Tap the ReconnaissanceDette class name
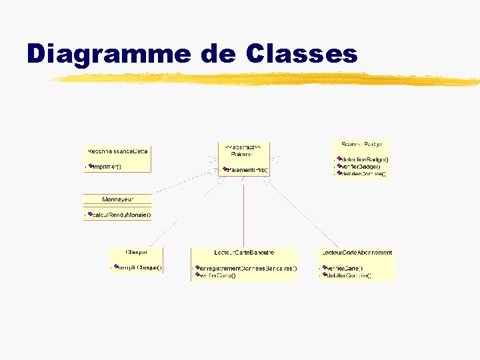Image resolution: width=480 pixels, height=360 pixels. (118, 152)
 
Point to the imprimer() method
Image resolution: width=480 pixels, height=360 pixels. (105, 166)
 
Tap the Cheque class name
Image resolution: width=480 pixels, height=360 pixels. (136, 252)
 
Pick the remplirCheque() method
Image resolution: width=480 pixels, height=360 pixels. (139, 267)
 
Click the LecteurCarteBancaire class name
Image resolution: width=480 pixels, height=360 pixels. (244, 253)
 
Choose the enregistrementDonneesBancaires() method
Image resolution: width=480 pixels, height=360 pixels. (248, 268)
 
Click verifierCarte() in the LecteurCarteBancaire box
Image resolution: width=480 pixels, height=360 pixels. (217, 275)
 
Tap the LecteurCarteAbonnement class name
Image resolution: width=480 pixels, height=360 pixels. (357, 253)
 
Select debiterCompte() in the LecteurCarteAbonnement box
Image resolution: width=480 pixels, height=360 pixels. (348, 275)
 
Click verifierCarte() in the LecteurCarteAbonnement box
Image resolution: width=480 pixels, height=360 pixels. (344, 268)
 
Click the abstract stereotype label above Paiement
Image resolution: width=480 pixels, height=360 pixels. (238, 146)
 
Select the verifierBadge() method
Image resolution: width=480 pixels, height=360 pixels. (361, 167)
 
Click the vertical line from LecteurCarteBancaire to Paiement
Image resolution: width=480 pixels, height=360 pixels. (243, 213)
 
